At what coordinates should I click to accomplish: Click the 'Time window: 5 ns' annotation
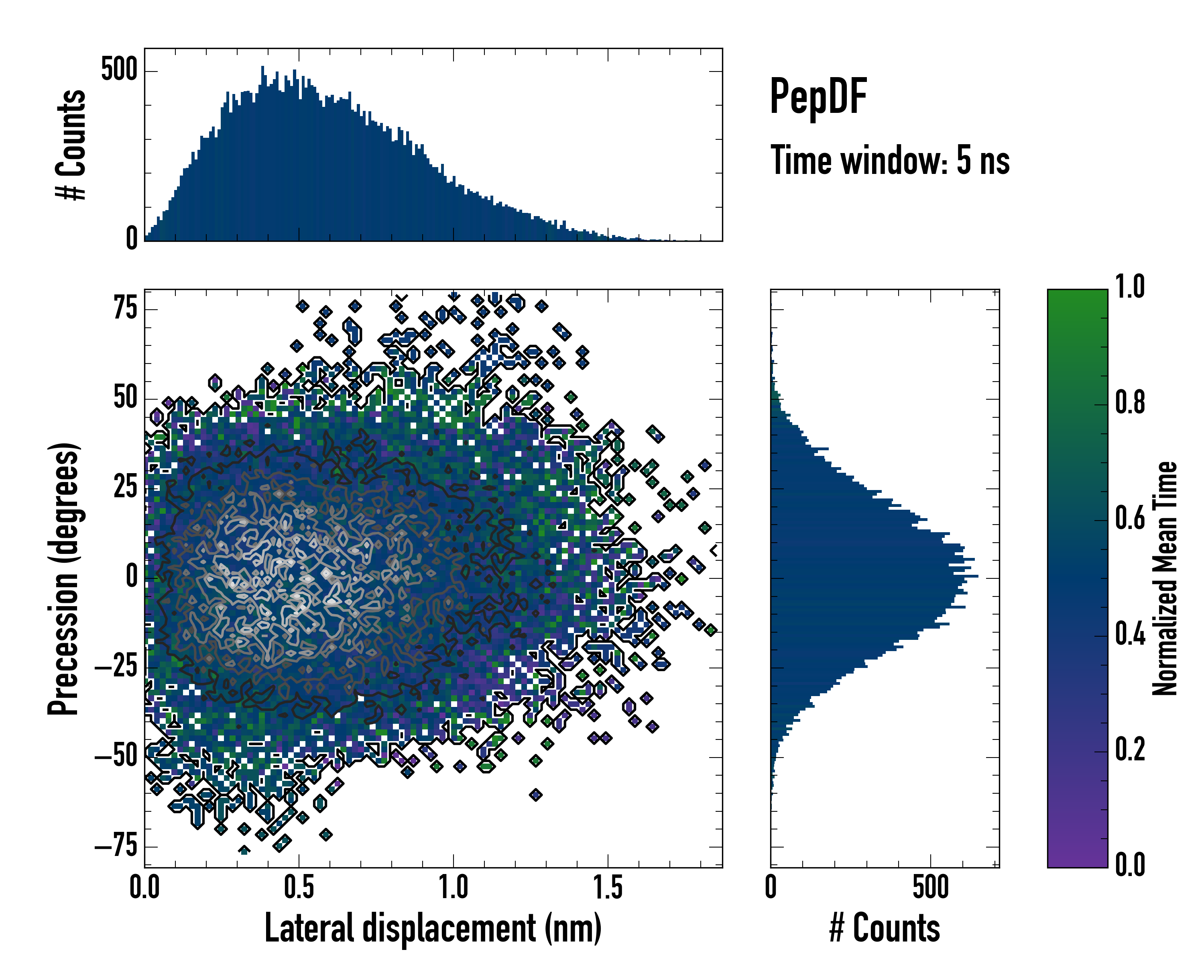[x=890, y=160]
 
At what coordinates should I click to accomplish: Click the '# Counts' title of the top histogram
[x=71, y=145]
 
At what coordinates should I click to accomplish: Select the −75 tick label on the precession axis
[x=116, y=847]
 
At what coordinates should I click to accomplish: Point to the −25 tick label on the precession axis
[x=116, y=667]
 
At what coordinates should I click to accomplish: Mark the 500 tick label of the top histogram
[x=119, y=70]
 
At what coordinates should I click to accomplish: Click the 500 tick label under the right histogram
[x=931, y=887]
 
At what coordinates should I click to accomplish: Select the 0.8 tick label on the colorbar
[x=1130, y=402]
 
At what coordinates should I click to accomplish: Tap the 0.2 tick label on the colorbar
[x=1130, y=750]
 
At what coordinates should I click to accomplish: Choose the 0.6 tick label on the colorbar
[x=1130, y=518]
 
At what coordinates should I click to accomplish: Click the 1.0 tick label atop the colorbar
[x=1130, y=287]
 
